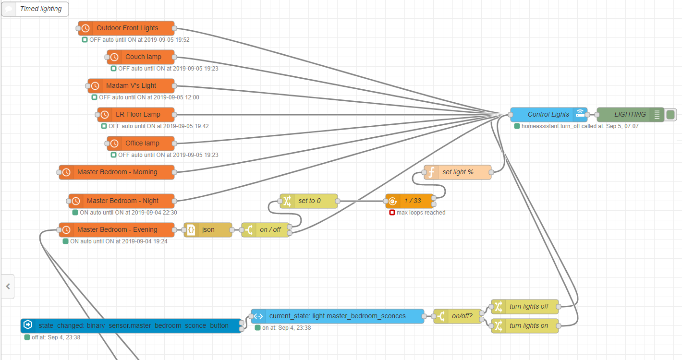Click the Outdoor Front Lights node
pos(127,28)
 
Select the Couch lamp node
pos(143,57)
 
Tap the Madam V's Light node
pos(131,86)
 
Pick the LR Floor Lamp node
pos(137,115)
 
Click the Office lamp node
pos(142,144)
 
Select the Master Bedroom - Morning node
pos(117,172)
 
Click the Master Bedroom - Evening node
pos(117,230)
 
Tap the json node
pos(208,230)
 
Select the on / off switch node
pos(270,230)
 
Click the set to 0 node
pos(309,201)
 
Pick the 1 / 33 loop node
pos(412,201)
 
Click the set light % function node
pos(457,172)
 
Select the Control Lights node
pos(548,115)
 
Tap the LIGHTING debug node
pos(630,115)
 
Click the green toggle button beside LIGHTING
pos(671,115)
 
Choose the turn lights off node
pos(528,307)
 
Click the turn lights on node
pos(528,326)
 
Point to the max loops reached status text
pos(421,213)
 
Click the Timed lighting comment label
pos(40,9)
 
